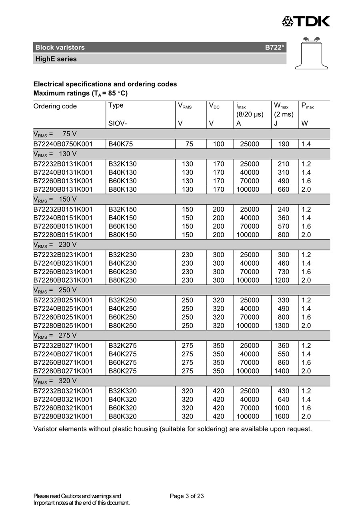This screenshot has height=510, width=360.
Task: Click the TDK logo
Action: [306, 21]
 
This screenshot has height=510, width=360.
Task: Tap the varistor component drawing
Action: [311, 52]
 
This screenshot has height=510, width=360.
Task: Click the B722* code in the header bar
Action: [274, 48]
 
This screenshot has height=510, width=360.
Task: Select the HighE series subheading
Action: [56, 59]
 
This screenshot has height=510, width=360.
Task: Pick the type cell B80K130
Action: [122, 190]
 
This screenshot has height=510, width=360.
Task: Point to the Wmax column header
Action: [281, 106]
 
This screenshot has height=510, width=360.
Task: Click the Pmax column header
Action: [307, 106]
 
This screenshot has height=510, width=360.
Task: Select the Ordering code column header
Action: [55, 106]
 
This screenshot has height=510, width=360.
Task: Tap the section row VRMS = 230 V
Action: [55, 245]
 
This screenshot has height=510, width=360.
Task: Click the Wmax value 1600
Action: [282, 416]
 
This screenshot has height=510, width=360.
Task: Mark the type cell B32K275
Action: [122, 346]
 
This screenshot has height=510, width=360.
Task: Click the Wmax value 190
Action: [283, 144]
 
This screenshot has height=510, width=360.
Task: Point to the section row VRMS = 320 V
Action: [55, 381]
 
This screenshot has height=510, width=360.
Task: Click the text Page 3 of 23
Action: [187, 496]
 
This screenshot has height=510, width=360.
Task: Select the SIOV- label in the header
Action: [118, 124]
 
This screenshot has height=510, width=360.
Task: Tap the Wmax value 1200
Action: [282, 280]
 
